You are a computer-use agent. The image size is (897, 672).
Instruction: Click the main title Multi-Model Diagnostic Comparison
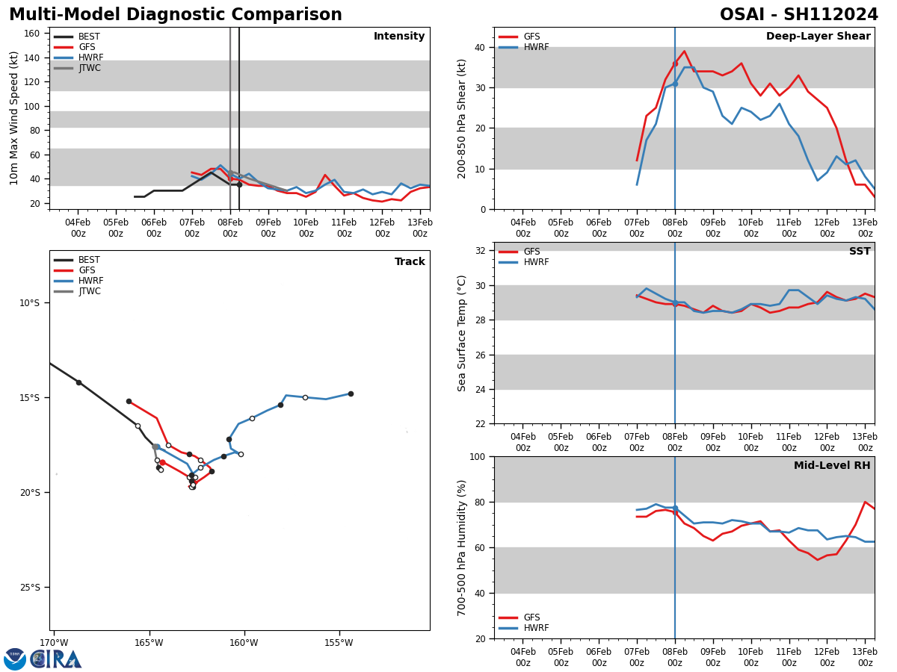click(x=176, y=15)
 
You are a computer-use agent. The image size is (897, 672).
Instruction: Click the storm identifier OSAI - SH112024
click(x=798, y=15)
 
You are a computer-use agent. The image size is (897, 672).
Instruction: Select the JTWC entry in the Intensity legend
click(x=89, y=68)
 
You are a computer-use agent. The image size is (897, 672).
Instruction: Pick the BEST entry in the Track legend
click(x=89, y=260)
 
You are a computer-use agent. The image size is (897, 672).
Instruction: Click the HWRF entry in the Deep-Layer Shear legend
click(x=536, y=47)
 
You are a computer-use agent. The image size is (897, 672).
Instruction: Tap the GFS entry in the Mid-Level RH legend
click(x=531, y=617)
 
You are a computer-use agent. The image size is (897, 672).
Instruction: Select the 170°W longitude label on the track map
click(x=54, y=643)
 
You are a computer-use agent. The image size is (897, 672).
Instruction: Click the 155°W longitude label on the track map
click(x=339, y=643)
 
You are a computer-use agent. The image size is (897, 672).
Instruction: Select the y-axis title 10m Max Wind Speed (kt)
click(x=14, y=118)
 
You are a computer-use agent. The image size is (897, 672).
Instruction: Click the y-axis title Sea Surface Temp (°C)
click(x=462, y=333)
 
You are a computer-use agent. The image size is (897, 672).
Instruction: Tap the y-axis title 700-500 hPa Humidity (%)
click(x=462, y=547)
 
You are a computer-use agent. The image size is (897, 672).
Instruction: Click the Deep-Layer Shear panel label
click(x=818, y=37)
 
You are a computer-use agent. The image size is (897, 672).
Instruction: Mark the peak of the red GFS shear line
click(x=684, y=52)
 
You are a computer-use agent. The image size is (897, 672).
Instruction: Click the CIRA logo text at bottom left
click(x=56, y=659)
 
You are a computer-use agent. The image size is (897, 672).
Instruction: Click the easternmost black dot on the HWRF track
click(x=351, y=393)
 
